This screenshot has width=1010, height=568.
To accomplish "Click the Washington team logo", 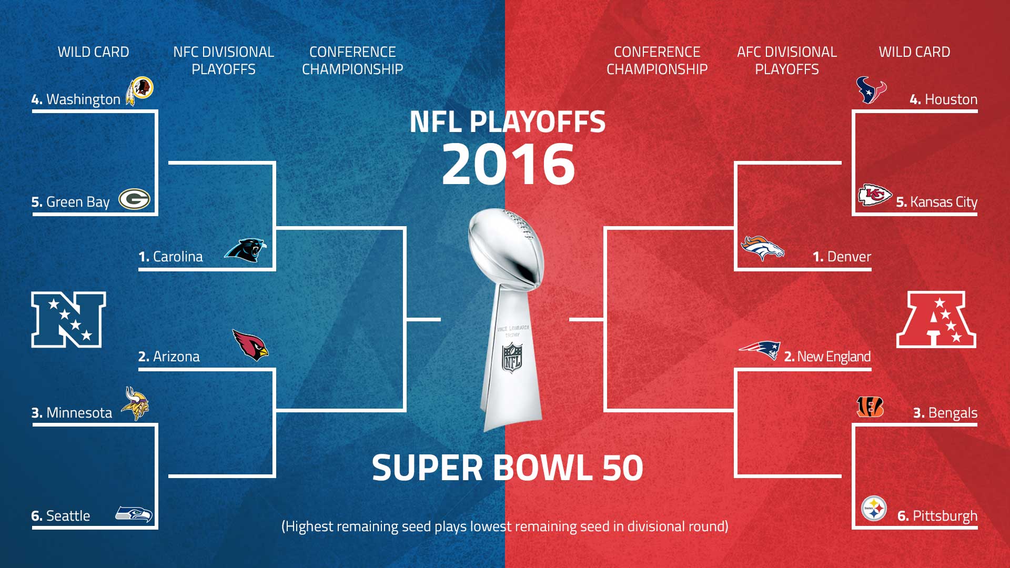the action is click(139, 90).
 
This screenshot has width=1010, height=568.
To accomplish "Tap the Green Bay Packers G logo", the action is click(135, 200).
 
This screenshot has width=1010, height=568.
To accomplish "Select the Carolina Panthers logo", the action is click(245, 250).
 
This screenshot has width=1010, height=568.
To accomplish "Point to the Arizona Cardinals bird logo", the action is click(250, 345).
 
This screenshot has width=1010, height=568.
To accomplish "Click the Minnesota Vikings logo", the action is click(135, 403).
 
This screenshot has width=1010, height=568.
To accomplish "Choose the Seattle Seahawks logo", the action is click(134, 514).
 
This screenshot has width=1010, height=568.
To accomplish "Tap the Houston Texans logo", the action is click(871, 90).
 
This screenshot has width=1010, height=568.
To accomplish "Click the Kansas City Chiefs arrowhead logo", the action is click(875, 195).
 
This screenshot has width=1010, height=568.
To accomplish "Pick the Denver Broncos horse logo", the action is click(762, 248).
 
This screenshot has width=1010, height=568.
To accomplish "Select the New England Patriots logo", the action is click(760, 350).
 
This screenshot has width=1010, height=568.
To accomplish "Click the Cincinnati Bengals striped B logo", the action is click(870, 407).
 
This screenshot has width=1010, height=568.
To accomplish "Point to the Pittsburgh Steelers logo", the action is click(874, 509).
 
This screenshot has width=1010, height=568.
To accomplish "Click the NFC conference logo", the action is click(68, 320).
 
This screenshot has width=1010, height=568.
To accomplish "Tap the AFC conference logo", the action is click(936, 320).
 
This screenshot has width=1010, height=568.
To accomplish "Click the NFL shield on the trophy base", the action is click(512, 358).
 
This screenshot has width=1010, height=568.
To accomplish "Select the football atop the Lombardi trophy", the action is click(506, 247).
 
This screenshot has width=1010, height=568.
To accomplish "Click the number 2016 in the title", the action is click(508, 164).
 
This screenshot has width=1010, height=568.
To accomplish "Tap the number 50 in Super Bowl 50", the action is click(623, 468).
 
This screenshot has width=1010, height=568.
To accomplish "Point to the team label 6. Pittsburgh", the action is click(937, 516).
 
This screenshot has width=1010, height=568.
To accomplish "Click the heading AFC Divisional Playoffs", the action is click(787, 60).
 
